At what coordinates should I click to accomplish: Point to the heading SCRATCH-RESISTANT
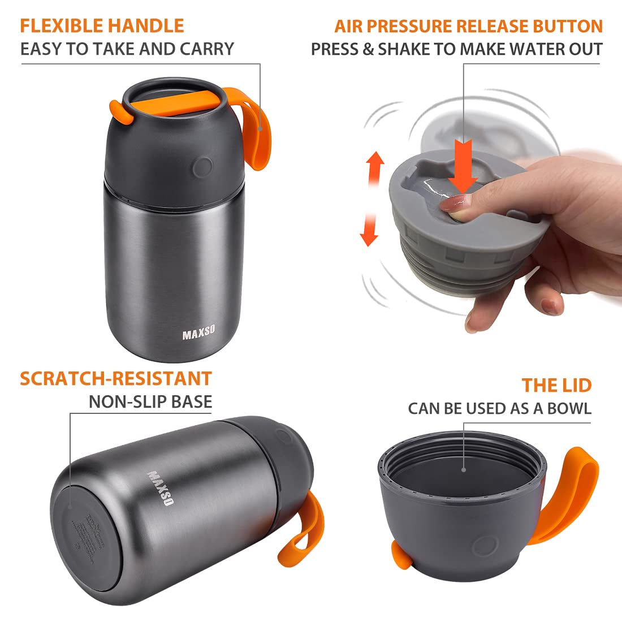coord(116,378)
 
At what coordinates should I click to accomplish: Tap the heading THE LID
coord(556,385)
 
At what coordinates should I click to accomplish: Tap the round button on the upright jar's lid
coord(201,167)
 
